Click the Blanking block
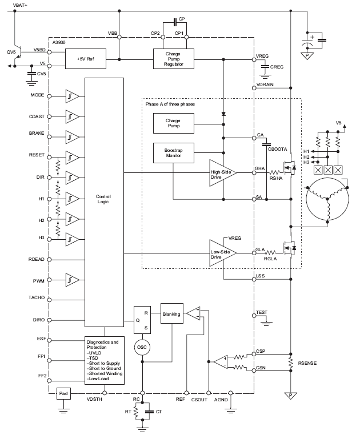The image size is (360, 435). click(x=171, y=314)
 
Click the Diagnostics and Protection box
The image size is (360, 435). click(x=105, y=359)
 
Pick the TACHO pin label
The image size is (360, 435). click(x=37, y=299)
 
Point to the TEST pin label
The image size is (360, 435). click(x=262, y=313)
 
